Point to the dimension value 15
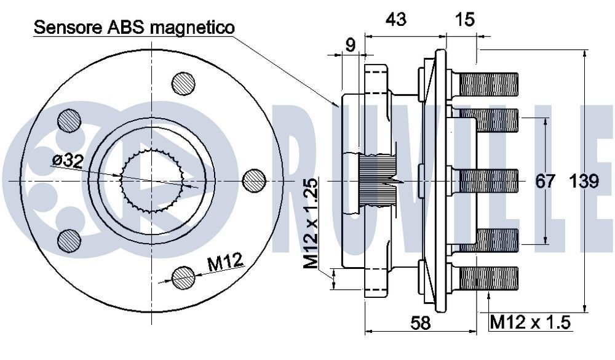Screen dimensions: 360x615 click(466, 20)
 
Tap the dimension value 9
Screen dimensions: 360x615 click(350, 45)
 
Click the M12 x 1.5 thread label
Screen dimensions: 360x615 click(531, 321)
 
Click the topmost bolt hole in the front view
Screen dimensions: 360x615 click(183, 84)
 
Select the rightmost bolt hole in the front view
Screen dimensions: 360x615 click(254, 180)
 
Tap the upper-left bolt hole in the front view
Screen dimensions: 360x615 click(69, 120)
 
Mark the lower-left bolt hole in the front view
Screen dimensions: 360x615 click(69, 240)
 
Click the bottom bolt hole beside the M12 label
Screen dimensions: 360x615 click(183, 278)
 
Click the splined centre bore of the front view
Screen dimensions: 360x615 click(153, 180)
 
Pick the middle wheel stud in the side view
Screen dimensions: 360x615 click(486, 180)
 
